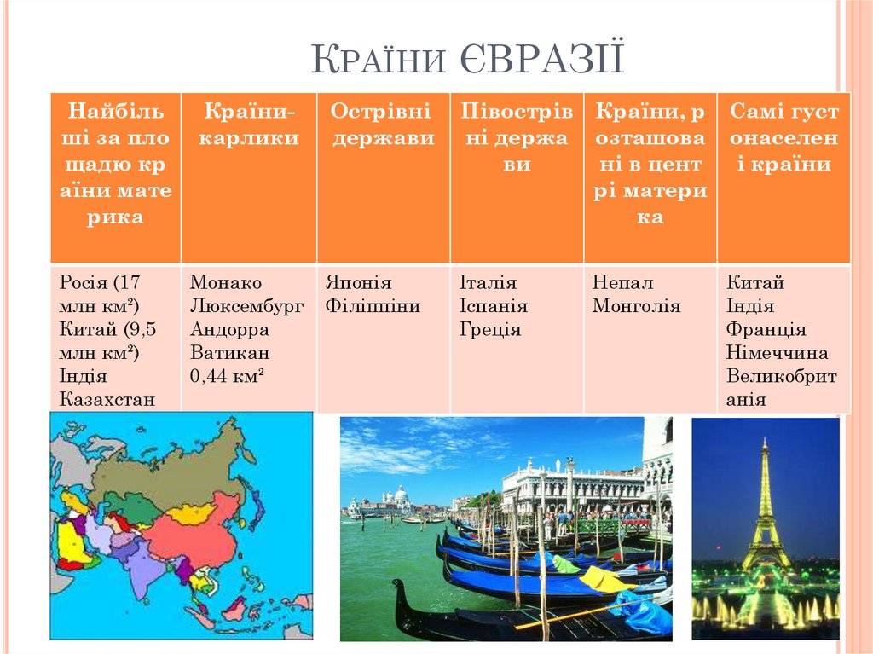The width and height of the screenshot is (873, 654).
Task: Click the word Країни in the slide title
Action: (379, 59)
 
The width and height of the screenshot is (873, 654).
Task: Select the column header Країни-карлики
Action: (249, 124)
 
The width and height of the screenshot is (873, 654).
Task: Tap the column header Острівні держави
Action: (383, 124)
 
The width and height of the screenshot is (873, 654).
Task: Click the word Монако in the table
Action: (225, 282)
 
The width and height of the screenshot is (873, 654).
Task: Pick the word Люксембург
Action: (246, 306)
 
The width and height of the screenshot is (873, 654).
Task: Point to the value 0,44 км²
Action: (227, 376)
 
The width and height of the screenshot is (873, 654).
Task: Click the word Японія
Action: (358, 282)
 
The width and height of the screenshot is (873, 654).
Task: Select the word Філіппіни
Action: (373, 306)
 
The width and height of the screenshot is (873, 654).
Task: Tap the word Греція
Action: (490, 329)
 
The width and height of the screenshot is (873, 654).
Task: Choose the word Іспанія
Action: (494, 306)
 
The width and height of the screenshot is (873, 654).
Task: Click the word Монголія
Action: (636, 306)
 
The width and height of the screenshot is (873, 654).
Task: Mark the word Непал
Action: (622, 282)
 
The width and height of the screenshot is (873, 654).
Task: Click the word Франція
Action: (766, 329)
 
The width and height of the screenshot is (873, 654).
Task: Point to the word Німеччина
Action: (777, 353)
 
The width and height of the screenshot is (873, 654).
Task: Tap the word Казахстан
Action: (107, 399)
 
